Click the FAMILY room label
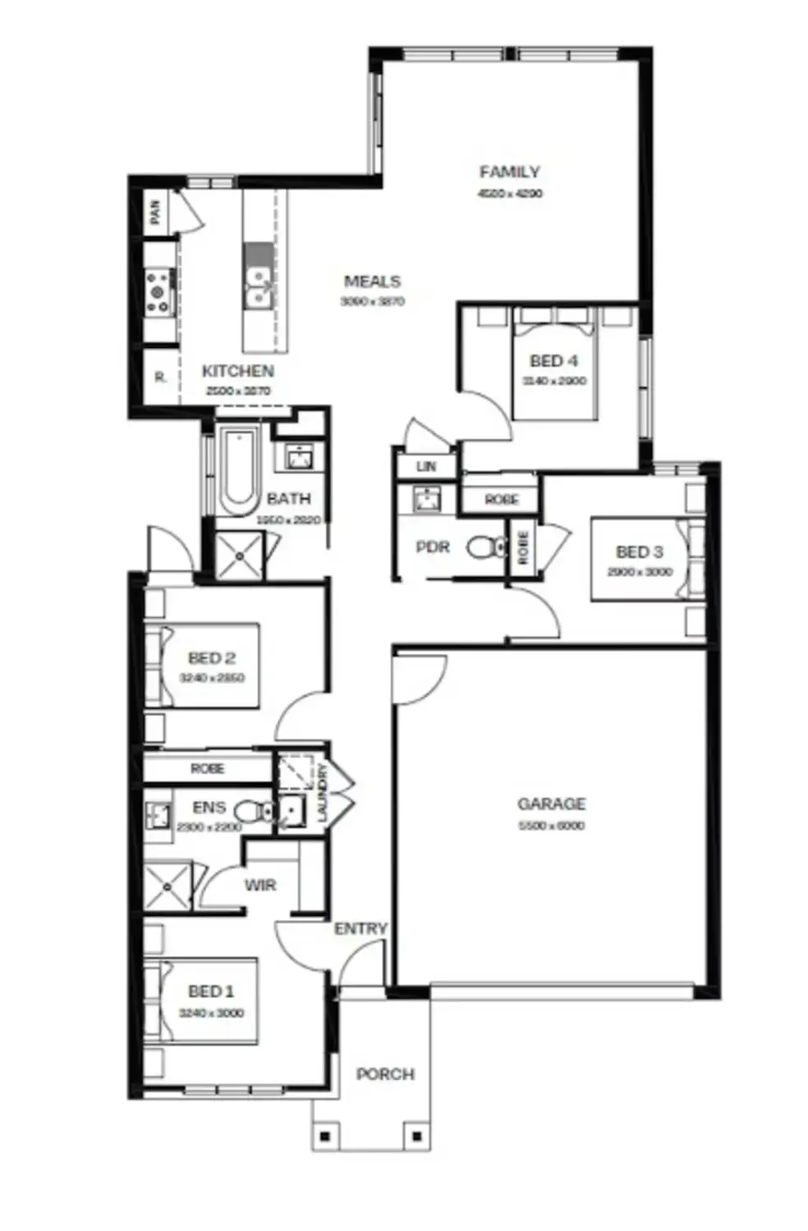[509, 172]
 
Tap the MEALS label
[372, 281]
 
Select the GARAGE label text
[551, 804]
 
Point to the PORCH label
[385, 1074]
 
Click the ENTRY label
[360, 929]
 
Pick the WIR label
[260, 885]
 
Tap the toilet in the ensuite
[255, 812]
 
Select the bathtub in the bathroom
[239, 470]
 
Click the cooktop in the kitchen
[158, 292]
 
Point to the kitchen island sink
[259, 286]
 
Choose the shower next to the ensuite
[168, 886]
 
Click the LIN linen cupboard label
[426, 467]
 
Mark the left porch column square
[325, 1137]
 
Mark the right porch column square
[416, 1137]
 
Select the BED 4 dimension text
[554, 382]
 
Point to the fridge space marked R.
[160, 378]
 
